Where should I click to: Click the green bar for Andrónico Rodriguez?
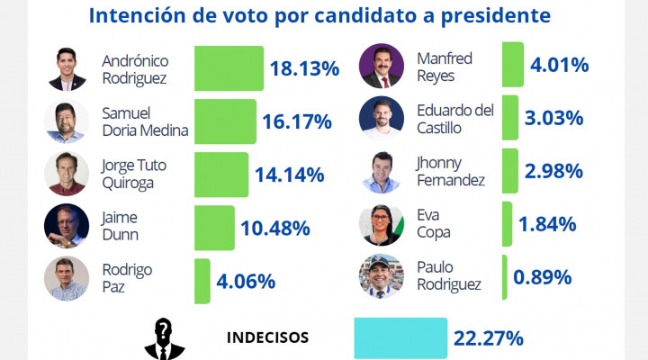coord(229,68)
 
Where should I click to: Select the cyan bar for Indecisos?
coord(400,338)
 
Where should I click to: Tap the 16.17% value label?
coord(297,121)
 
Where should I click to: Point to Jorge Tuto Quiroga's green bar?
coord(221,175)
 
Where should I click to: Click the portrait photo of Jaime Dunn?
coord(67,226)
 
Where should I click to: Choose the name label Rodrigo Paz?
coord(127,278)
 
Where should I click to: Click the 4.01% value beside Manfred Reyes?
coord(560,65)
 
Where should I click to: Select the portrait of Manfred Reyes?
coord(382,66)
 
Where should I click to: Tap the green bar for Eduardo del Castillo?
coord(510,117)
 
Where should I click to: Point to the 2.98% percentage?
coord(553,171)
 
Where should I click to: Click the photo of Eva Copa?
coord(382,224)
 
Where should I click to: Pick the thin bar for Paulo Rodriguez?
coord(505,277)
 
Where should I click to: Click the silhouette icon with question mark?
coord(165,339)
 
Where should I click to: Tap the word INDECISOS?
coord(268,337)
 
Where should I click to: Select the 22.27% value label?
coord(489,338)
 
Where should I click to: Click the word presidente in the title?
coord(496,16)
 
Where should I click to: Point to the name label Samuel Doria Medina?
coord(145,121)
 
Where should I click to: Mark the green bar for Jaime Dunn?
coord(214,228)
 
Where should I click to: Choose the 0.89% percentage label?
coord(542,277)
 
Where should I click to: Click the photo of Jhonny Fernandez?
coord(382,172)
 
